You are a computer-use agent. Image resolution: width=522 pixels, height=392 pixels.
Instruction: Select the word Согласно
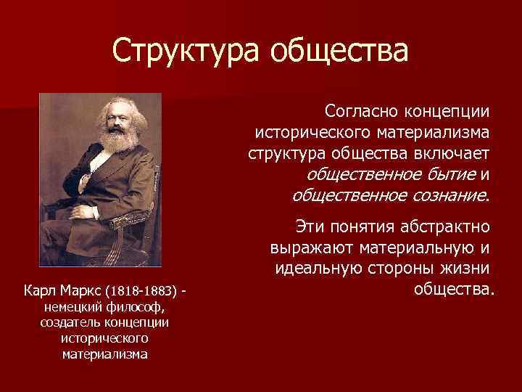(x=360, y=113)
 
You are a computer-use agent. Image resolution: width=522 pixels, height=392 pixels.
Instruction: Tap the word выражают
(x=308, y=248)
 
